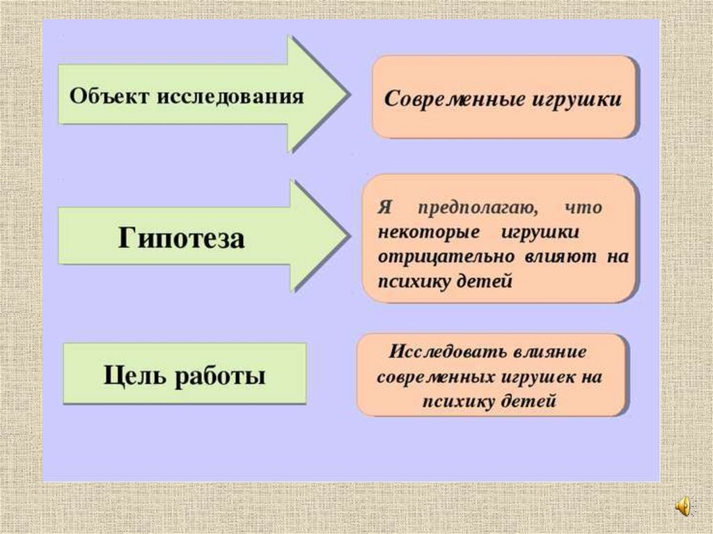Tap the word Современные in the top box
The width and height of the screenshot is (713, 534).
453,98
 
